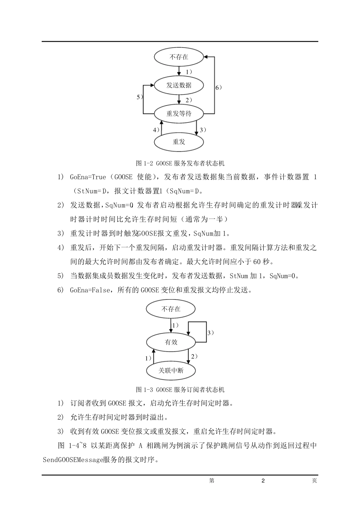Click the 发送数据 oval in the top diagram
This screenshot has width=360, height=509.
pyautogui.click(x=179, y=85)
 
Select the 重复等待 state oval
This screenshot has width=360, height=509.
pyautogui.click(x=179, y=113)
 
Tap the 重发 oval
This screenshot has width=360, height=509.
pyautogui.click(x=179, y=142)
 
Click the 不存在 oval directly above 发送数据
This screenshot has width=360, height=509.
pyautogui.click(x=179, y=57)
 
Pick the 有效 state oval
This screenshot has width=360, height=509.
pyautogui.click(x=171, y=342)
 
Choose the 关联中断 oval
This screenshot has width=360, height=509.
pyautogui.click(x=171, y=370)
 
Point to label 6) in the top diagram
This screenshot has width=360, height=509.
pyautogui.click(x=219, y=87)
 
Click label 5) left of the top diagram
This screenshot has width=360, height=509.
pyautogui.click(x=140, y=97)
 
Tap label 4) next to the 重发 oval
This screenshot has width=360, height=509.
pyautogui.click(x=156, y=130)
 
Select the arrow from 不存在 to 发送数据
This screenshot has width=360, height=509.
pyautogui.click(x=179, y=71)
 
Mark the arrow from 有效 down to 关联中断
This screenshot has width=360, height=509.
pyautogui.click(x=188, y=356)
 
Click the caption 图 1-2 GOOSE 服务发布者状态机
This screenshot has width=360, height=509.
pyautogui.click(x=180, y=163)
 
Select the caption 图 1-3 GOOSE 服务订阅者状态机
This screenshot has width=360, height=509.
pyautogui.click(x=180, y=389)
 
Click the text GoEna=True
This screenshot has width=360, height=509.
pyautogui.click(x=88, y=177)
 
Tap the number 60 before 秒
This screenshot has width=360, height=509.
pyautogui.click(x=257, y=262)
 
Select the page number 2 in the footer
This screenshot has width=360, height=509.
pyautogui.click(x=263, y=481)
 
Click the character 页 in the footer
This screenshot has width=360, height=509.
pyautogui.click(x=314, y=481)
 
